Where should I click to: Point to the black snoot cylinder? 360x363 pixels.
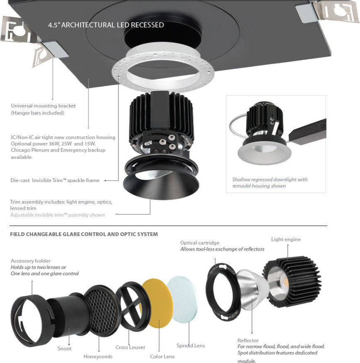click(x=66, y=313)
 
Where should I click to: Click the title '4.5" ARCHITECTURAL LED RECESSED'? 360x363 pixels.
click(x=106, y=25)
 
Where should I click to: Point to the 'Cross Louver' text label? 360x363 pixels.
click(x=130, y=347)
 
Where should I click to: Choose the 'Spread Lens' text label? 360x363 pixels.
click(x=190, y=346)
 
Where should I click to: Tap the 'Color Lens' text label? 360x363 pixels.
click(x=162, y=356)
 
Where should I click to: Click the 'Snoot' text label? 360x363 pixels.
click(x=64, y=348)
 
